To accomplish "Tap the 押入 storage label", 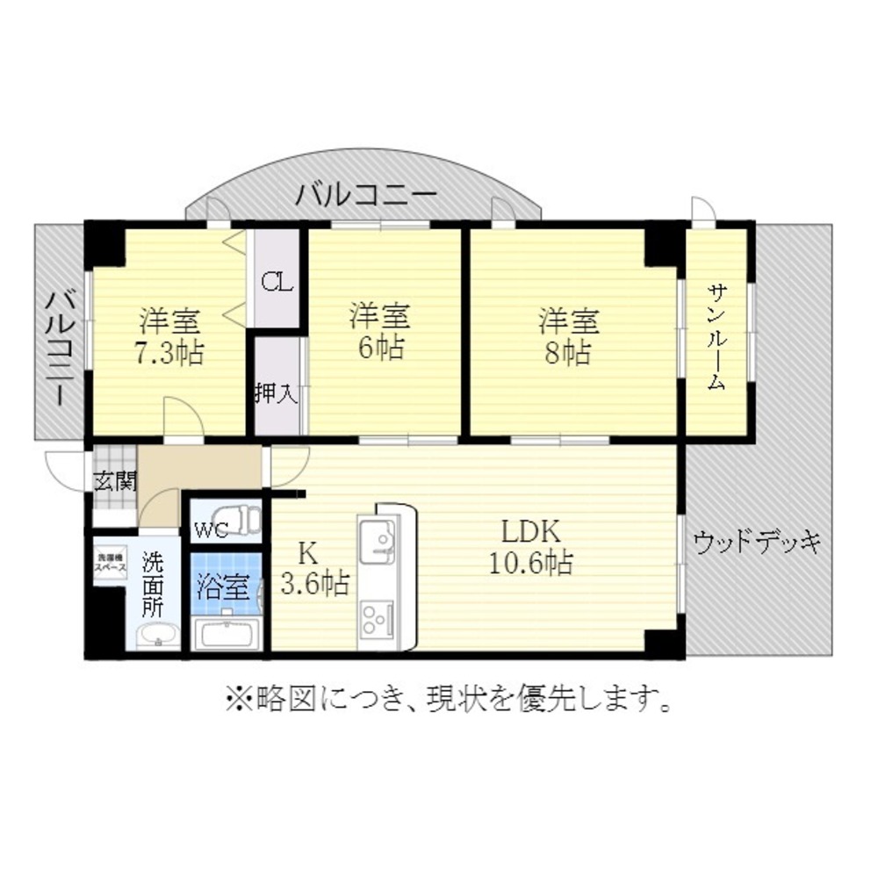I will [276, 392].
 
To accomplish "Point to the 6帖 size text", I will [379, 348].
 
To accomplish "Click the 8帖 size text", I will [569, 353].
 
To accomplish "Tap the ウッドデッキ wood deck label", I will [757, 542].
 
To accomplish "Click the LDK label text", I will [530, 532].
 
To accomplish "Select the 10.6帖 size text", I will [530, 562].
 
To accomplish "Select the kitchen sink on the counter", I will [378, 537].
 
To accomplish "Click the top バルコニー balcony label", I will [363, 193].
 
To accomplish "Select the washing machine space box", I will [111, 563].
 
